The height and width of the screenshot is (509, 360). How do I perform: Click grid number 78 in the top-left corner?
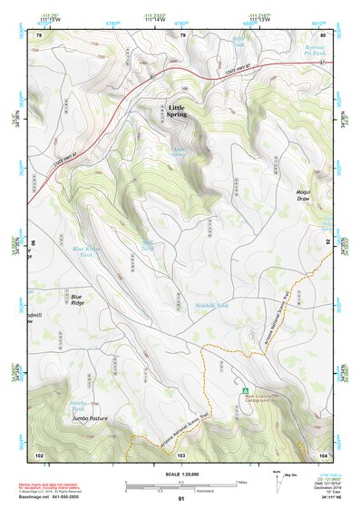(x=38, y=35)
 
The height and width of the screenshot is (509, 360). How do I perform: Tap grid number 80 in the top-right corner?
(x=323, y=35)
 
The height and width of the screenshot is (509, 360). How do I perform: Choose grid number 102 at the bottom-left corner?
(x=39, y=454)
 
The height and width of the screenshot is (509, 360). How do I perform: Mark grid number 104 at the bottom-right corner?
(x=323, y=454)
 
